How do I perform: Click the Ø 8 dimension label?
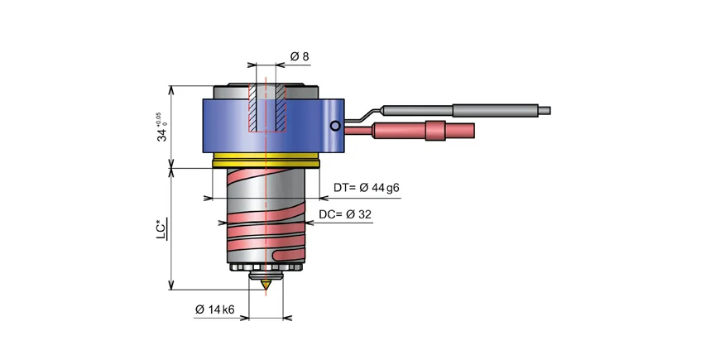pyautogui.click(x=300, y=56)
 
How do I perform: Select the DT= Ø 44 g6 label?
pyautogui.click(x=367, y=188)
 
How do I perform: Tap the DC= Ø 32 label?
pyautogui.click(x=345, y=214)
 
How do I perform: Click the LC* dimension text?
pyautogui.click(x=163, y=228)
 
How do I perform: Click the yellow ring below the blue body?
pyautogui.click(x=266, y=161)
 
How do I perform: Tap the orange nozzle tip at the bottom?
pyautogui.click(x=266, y=286)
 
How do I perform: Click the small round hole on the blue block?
pyautogui.click(x=334, y=126)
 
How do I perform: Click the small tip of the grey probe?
pyautogui.click(x=544, y=108)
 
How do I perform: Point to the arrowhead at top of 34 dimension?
pyautogui.click(x=171, y=89)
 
